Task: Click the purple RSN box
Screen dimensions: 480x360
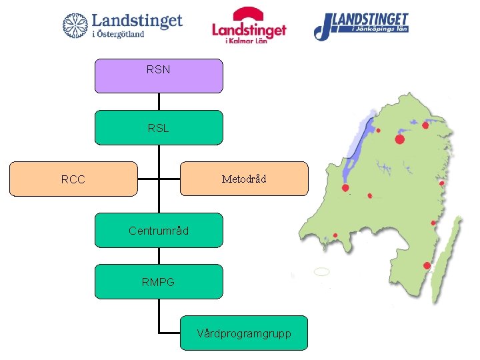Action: coord(159,75)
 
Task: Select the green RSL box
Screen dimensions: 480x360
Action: coord(159,127)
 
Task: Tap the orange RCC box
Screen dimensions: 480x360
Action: coord(73,179)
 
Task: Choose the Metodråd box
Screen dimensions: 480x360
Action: coord(244,179)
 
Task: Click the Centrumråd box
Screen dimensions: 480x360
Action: coord(159,231)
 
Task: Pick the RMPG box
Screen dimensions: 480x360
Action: coord(159,281)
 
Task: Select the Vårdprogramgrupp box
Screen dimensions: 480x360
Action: coord(244,333)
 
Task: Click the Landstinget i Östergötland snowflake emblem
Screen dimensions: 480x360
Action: coord(75,25)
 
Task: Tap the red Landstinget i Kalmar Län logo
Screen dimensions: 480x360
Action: coord(249,25)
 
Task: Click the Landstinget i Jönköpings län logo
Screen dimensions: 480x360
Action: coord(361,25)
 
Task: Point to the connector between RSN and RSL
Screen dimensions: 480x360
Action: coord(159,101)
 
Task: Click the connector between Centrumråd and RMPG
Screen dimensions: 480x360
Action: coord(159,256)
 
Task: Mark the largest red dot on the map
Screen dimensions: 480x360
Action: coord(399,139)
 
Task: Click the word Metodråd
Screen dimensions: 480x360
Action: coord(244,179)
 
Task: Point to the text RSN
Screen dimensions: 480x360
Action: coord(159,68)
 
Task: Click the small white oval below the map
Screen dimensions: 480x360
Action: coord(321,272)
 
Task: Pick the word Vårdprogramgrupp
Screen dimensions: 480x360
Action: coord(244,333)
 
